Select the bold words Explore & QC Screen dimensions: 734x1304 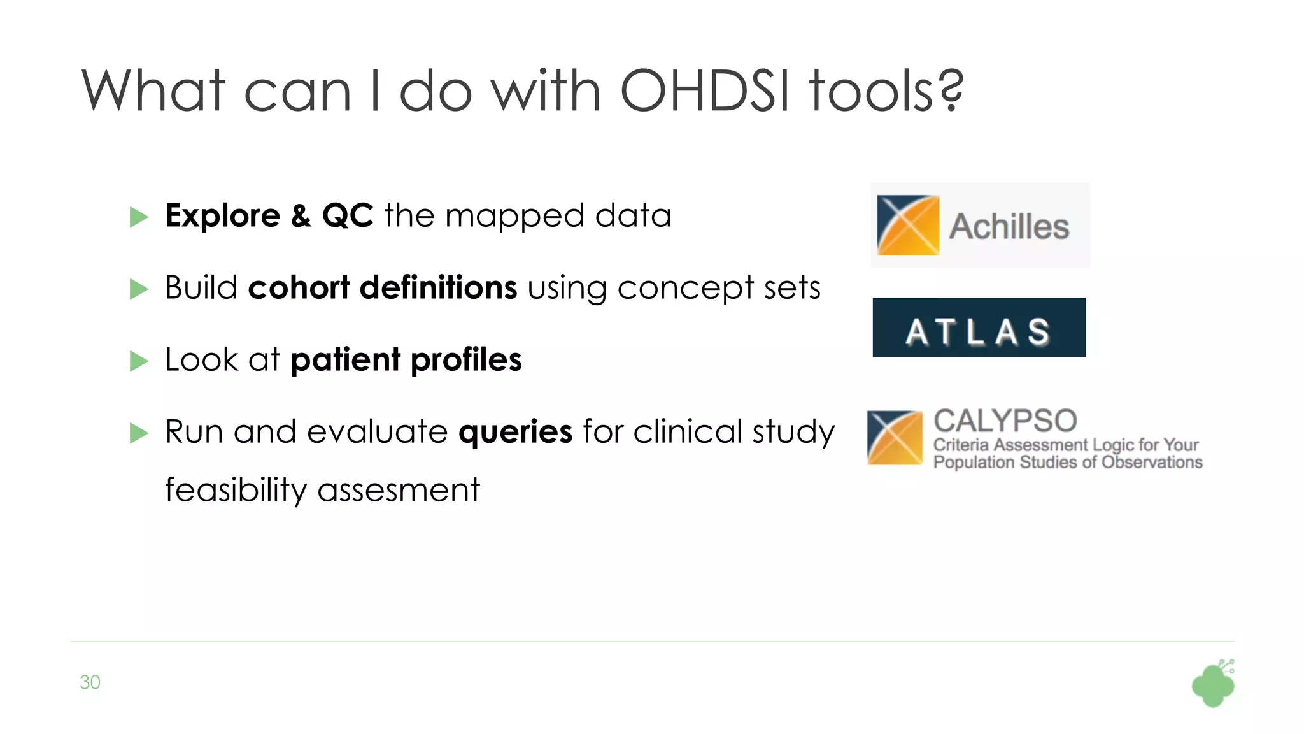tap(269, 215)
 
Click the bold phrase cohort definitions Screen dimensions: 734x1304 tap(382, 287)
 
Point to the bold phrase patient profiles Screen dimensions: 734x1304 tap(406, 360)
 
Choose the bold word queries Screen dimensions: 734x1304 tap(515, 432)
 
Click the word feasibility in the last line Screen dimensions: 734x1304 tap(236, 490)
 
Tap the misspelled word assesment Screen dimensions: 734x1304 tap(399, 491)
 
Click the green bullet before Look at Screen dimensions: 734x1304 tap(138, 361)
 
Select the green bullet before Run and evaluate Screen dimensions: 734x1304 tap(138, 433)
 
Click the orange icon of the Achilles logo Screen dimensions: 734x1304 tap(908, 225)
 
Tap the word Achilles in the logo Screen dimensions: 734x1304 tap(1009, 227)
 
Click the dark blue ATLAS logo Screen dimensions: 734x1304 tap(979, 327)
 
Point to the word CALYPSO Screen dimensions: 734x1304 tap(1005, 421)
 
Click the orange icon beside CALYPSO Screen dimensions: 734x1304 tap(895, 438)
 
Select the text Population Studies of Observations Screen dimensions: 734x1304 tap(1068, 463)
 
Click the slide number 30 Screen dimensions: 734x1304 tap(90, 682)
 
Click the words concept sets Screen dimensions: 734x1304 tap(719, 287)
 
